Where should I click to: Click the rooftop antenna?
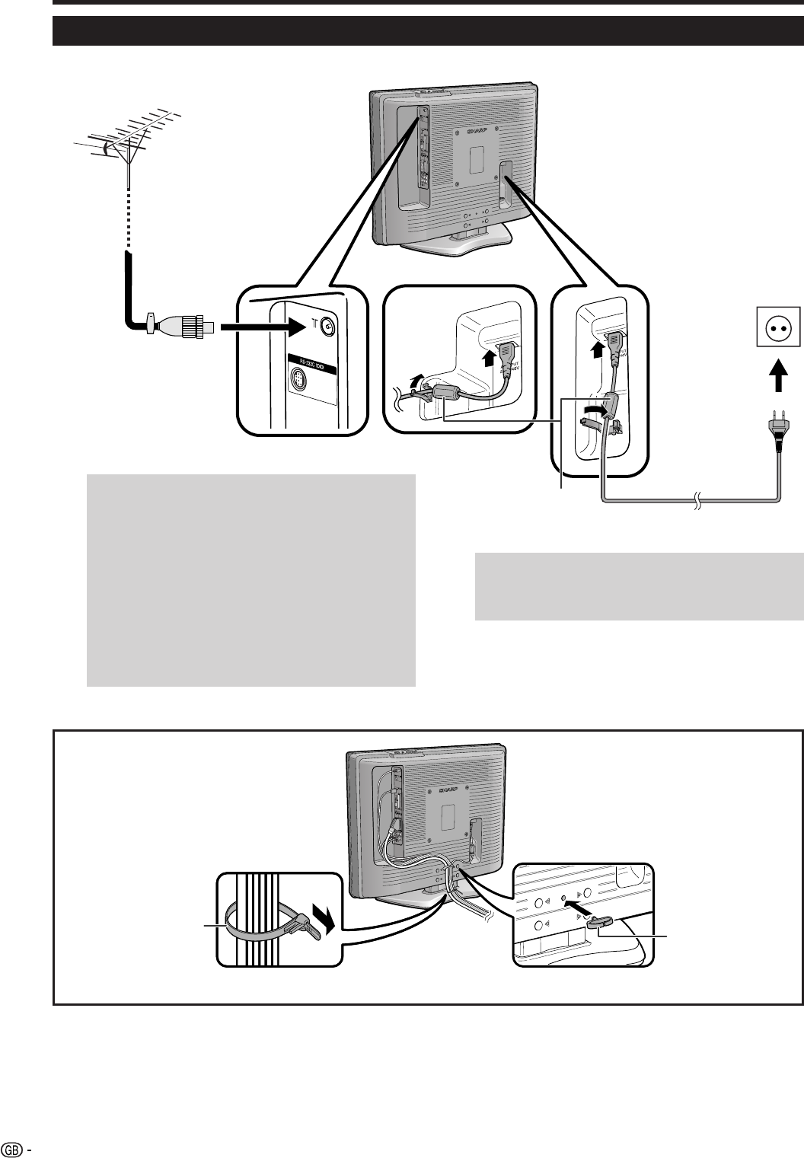click(129, 141)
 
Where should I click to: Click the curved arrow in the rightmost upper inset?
click(592, 412)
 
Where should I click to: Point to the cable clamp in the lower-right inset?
click(601, 922)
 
